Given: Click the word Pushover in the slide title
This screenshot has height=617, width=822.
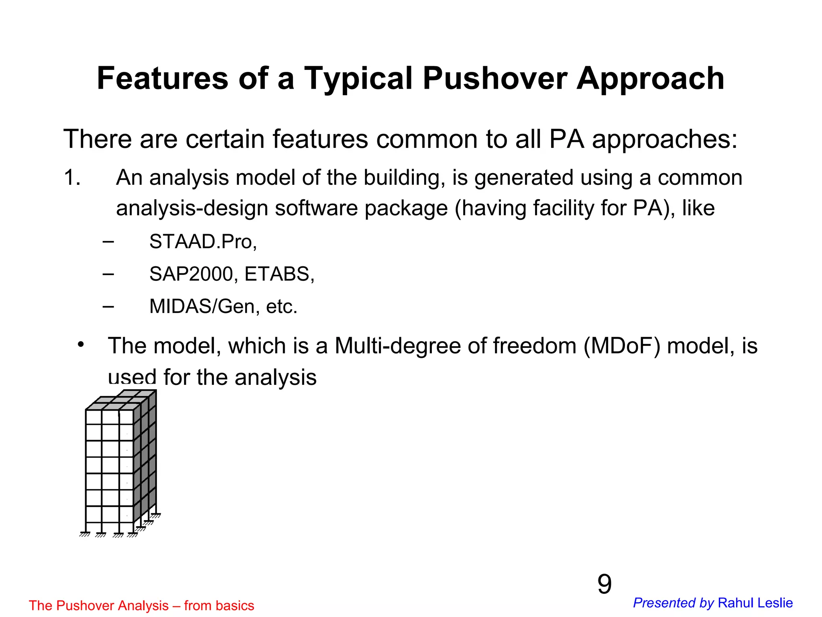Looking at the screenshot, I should click(495, 78).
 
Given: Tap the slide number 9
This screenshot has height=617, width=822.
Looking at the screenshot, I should click(604, 584).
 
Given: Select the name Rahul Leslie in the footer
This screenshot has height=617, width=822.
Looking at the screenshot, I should click(755, 603).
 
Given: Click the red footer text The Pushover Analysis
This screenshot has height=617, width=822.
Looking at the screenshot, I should click(99, 605).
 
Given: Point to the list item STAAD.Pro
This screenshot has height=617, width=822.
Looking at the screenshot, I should click(203, 242).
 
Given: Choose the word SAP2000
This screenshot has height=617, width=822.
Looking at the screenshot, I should click(191, 274).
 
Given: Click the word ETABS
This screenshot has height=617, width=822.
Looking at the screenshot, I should click(279, 274).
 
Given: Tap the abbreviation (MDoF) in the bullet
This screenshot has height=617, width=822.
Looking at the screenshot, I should click(622, 346).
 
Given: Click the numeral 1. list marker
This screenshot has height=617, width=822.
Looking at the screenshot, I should click(72, 178).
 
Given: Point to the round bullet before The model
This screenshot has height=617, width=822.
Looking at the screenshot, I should click(81, 345).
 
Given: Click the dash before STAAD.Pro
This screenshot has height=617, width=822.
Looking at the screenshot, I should click(108, 242).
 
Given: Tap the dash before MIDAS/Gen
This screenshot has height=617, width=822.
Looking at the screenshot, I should click(108, 306).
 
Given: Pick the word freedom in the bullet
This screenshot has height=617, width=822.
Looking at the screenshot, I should click(535, 346).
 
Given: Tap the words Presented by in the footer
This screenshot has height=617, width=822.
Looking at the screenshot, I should click(673, 603).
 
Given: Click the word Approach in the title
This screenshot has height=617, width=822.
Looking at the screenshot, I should click(650, 78).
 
